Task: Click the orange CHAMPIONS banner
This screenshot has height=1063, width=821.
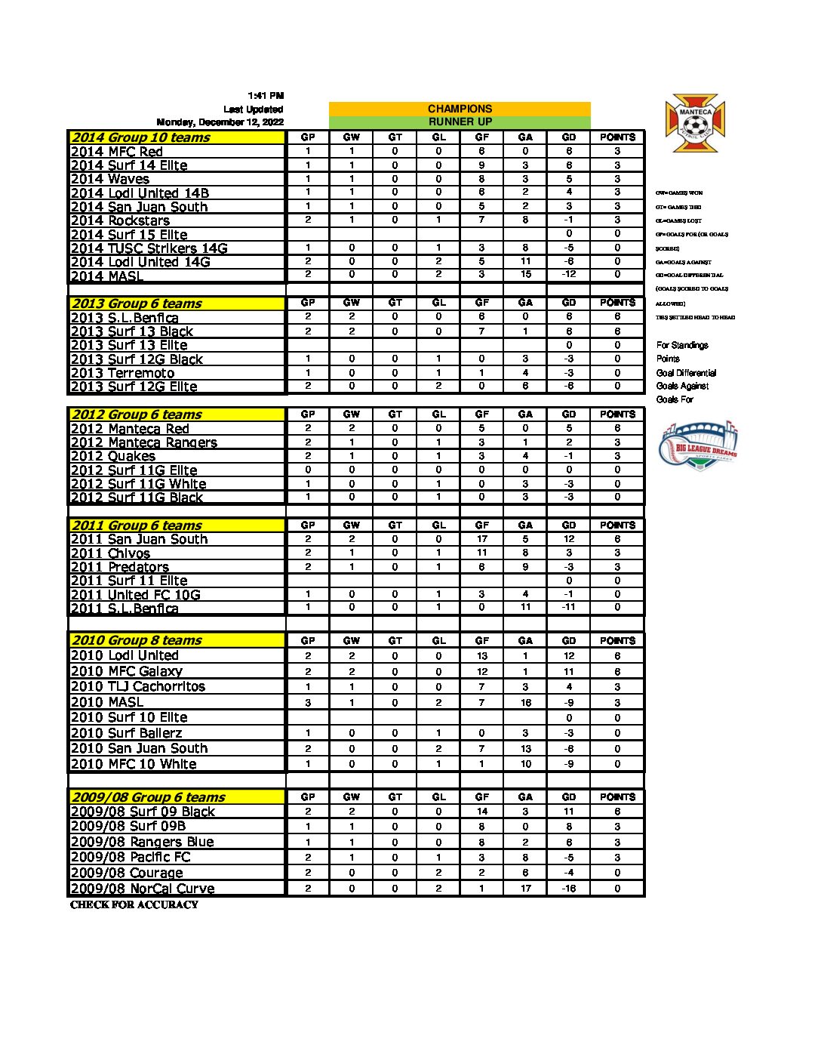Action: click(x=460, y=109)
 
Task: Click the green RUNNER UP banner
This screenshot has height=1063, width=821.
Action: click(x=460, y=122)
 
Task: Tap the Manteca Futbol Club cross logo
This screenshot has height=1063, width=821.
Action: click(x=695, y=123)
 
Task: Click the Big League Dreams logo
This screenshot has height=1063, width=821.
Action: click(x=697, y=446)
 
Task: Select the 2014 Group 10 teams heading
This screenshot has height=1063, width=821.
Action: click(x=140, y=137)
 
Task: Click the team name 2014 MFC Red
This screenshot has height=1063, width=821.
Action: click(x=117, y=152)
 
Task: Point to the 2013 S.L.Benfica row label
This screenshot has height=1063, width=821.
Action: click(x=125, y=318)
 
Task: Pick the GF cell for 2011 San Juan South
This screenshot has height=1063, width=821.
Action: click(x=482, y=539)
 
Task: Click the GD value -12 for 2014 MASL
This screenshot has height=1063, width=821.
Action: click(x=569, y=275)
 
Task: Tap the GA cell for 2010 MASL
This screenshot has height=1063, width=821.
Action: click(x=526, y=702)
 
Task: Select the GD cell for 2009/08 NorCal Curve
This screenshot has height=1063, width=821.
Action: click(x=569, y=889)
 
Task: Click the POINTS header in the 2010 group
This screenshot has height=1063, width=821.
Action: click(x=617, y=640)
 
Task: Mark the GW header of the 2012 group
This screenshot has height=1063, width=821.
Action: click(x=352, y=414)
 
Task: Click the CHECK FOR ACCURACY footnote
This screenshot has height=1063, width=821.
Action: click(x=134, y=904)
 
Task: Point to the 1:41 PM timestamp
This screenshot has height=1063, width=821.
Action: click(x=266, y=96)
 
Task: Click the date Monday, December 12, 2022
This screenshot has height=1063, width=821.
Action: click(x=220, y=122)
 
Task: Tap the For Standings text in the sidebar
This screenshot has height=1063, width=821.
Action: click(x=682, y=345)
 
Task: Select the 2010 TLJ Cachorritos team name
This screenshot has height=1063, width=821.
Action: click(x=138, y=686)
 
